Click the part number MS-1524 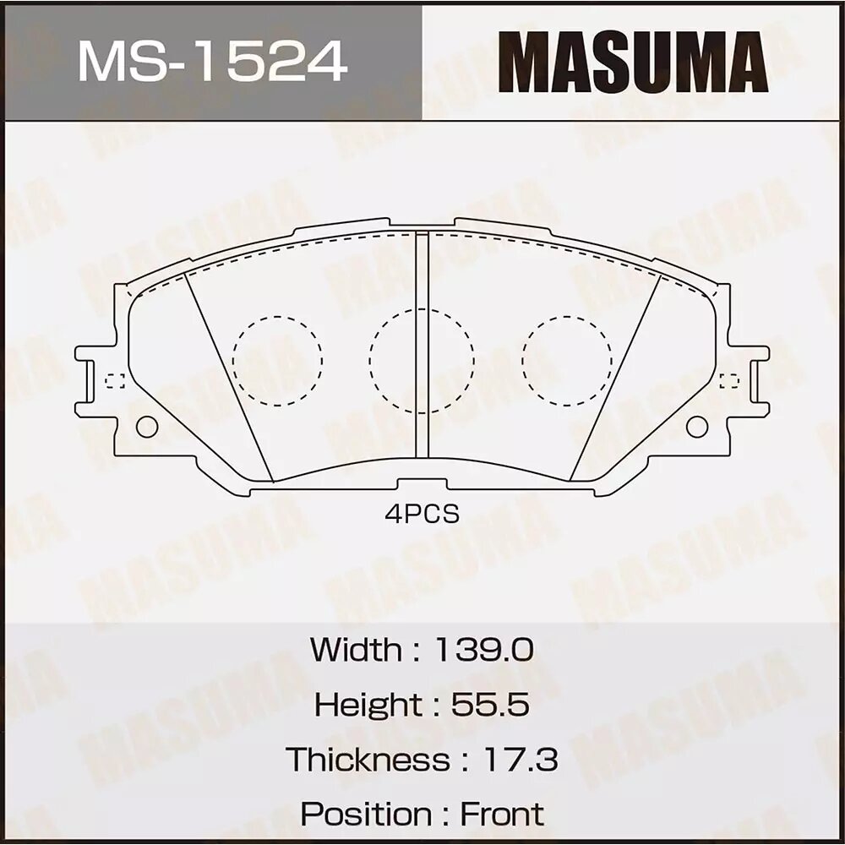pos(212,62)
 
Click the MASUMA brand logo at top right pos(632,62)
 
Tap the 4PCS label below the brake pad pos(422,514)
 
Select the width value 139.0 pos(483,650)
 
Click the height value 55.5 pos(490,704)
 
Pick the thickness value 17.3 pos(519,759)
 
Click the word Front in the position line pos(502,814)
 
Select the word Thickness pos(368,759)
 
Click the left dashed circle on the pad pos(277,360)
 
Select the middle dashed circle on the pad pos(422,360)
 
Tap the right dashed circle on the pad pos(566,360)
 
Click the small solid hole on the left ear pos(147,427)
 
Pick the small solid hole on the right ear pos(696,427)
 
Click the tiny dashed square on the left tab pos(115,381)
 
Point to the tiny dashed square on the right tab pos(728,381)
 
